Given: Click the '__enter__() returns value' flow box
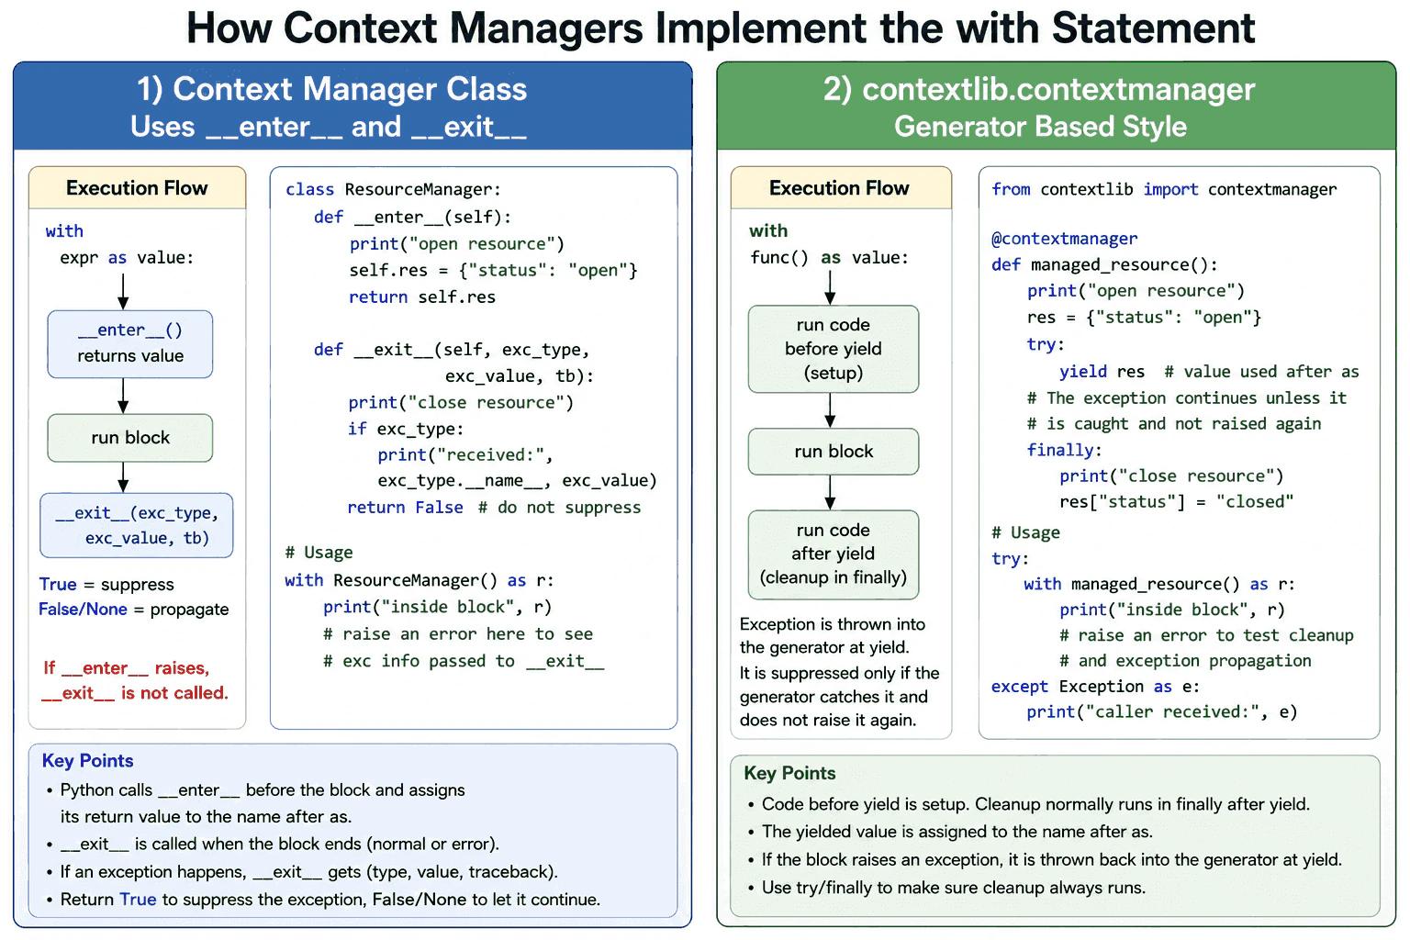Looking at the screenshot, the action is [129, 343].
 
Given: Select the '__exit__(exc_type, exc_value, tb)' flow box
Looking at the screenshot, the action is [136, 525].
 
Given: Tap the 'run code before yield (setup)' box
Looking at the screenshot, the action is [833, 349].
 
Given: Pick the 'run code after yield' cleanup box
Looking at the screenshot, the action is [833, 554].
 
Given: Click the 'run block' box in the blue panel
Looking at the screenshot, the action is [129, 438].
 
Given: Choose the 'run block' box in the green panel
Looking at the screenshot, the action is [833, 452].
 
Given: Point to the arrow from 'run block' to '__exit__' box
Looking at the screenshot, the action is [123, 477].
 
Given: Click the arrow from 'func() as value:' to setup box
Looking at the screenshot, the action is [830, 287].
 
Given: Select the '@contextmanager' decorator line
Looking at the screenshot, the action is [1065, 239].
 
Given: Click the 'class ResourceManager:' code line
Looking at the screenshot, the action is [393, 189].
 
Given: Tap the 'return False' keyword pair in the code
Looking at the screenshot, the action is [405, 508].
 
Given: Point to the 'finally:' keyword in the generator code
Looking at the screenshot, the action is [1064, 450].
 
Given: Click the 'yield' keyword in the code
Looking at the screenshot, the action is [1082, 372].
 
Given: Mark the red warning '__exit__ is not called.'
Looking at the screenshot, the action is [135, 693].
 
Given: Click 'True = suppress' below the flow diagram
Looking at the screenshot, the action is [106, 584].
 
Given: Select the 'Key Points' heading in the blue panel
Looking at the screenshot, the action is [87, 761].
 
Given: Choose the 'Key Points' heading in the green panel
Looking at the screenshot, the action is [789, 773].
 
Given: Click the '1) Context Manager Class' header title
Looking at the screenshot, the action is [331, 89].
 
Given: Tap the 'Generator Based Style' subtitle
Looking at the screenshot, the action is [1040, 127].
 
